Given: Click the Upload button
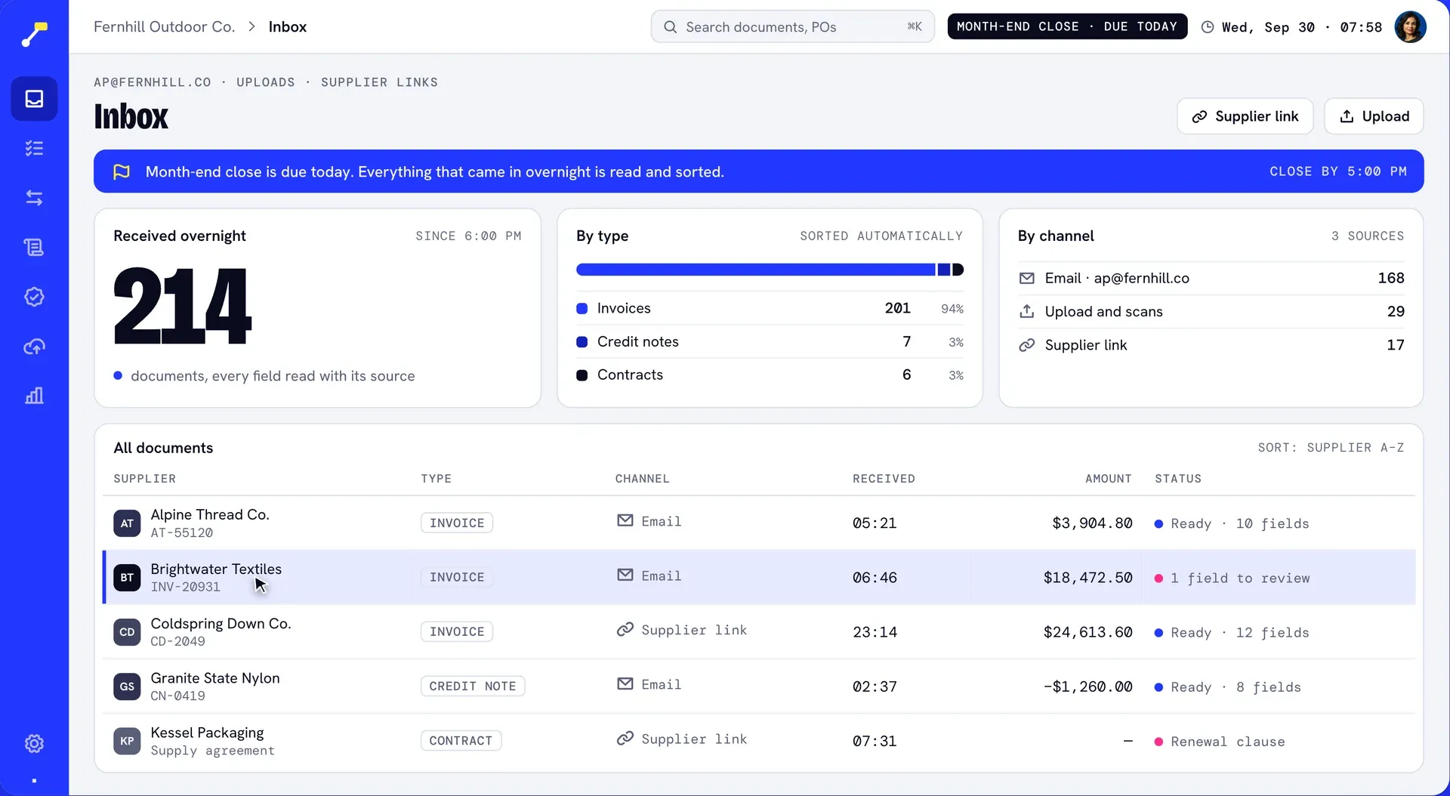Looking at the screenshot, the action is tap(1374, 116).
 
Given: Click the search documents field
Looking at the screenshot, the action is tap(792, 26).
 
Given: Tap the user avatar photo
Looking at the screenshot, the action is tap(1410, 27).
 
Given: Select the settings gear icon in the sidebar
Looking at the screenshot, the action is tap(34, 743).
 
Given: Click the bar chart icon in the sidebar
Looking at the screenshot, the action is tap(34, 396).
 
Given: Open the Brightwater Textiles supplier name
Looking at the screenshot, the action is tap(216, 569).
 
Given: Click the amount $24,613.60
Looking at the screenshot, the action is tap(1087, 632).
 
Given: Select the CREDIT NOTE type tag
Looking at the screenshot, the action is tap(472, 686).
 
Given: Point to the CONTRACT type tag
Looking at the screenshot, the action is tap(461, 741).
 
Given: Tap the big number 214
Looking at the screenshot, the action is tap(182, 306).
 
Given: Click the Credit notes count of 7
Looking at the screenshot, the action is tap(906, 341).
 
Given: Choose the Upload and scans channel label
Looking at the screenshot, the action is tap(1103, 311).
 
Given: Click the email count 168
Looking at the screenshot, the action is tap(1390, 278).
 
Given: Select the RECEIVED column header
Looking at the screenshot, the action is tap(884, 479).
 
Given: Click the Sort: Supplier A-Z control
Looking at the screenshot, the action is tap(1331, 448).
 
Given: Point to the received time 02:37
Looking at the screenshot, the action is tap(875, 686).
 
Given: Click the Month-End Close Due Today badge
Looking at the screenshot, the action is tap(1067, 26).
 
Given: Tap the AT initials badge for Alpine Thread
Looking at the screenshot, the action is tap(127, 523).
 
